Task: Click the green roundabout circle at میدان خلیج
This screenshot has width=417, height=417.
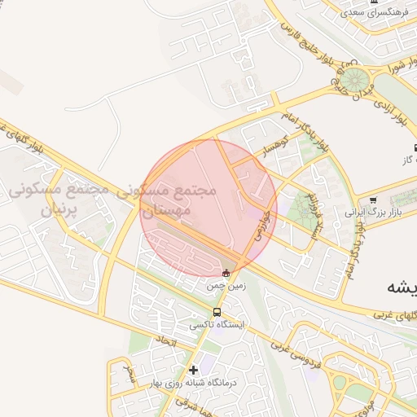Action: (x=353, y=80)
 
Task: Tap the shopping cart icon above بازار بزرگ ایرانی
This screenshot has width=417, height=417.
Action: (x=374, y=200)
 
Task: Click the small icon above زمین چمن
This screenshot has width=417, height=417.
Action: (x=226, y=273)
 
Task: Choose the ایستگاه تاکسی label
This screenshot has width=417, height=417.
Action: (x=217, y=324)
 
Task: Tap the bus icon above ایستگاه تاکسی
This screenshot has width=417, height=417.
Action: (x=217, y=312)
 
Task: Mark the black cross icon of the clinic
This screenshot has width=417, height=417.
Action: (x=194, y=370)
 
